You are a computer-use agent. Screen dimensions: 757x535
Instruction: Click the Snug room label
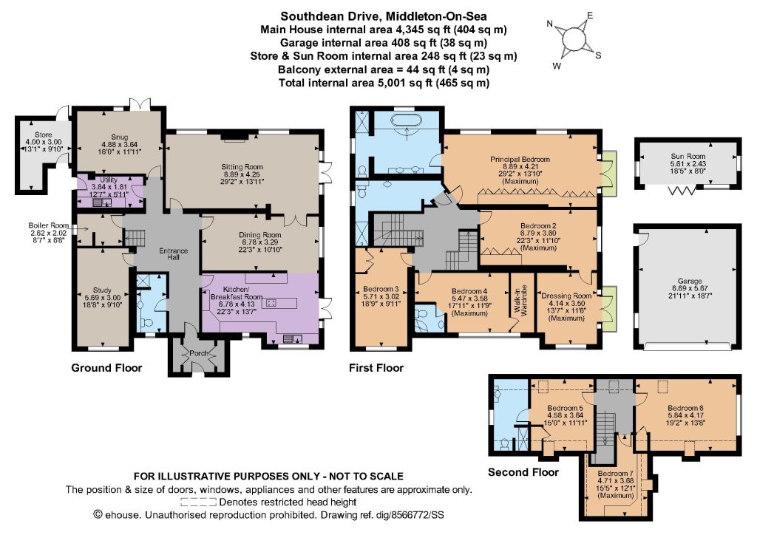pyautogui.click(x=119, y=137)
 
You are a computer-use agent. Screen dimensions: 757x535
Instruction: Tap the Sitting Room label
pyautogui.click(x=242, y=167)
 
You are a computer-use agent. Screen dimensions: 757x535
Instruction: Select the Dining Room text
pyautogui.click(x=259, y=235)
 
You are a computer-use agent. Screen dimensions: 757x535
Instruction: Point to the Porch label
pyautogui.click(x=198, y=353)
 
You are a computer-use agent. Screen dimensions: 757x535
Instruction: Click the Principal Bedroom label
pyautogui.click(x=520, y=159)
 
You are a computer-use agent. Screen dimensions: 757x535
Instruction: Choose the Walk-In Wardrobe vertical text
pyautogui.click(x=523, y=301)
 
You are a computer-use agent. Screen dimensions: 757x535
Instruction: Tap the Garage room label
pyautogui.click(x=690, y=282)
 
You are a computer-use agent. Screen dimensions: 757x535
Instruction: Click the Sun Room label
pyautogui.click(x=688, y=157)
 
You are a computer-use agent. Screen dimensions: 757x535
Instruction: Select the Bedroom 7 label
pyautogui.click(x=615, y=474)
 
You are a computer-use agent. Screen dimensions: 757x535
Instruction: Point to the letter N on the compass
pyautogui.click(x=549, y=24)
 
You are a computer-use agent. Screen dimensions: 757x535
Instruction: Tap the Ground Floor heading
pyautogui.click(x=106, y=368)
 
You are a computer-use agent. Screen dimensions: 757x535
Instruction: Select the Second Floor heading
pyautogui.click(x=523, y=471)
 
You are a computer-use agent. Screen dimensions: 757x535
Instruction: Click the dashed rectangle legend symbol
pyautogui.click(x=200, y=502)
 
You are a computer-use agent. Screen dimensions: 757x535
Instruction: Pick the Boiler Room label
pyautogui.click(x=48, y=226)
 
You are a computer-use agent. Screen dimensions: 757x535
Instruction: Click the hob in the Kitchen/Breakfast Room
pyautogui.click(x=271, y=303)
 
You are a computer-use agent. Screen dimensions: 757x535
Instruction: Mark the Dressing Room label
pyautogui.click(x=566, y=296)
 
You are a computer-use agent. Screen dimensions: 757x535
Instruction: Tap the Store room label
pyautogui.click(x=44, y=135)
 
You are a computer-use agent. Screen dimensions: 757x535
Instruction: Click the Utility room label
pyautogui.click(x=109, y=180)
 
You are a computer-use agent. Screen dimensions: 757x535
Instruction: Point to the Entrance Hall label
pyautogui.click(x=173, y=253)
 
